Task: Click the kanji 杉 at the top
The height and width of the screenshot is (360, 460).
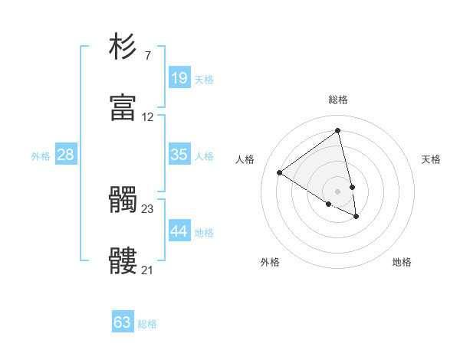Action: (x=123, y=47)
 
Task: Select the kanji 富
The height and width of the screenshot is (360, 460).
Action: (x=123, y=108)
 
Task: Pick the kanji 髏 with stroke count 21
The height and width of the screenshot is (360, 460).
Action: (x=123, y=261)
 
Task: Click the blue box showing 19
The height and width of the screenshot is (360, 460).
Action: (x=179, y=78)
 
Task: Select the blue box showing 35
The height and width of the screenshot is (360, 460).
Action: (x=179, y=155)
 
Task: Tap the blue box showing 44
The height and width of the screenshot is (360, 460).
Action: (x=179, y=231)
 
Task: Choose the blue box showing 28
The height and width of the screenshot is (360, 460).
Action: (x=66, y=155)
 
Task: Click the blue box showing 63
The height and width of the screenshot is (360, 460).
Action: (x=123, y=322)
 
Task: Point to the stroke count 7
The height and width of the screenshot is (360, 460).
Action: (x=147, y=55)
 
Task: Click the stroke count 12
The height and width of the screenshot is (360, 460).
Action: (x=147, y=117)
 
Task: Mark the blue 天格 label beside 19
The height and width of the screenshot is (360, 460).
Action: (x=204, y=80)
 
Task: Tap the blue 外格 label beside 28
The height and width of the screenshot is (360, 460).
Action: (x=41, y=156)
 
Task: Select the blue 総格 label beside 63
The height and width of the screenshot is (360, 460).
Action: (x=147, y=324)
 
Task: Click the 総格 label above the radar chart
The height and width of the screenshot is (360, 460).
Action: (x=338, y=100)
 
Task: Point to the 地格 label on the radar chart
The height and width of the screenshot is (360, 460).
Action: (x=402, y=262)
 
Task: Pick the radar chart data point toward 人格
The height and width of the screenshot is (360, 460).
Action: (x=280, y=173)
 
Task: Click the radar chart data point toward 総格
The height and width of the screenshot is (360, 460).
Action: (x=337, y=131)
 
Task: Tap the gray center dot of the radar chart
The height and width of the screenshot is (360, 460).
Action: (x=337, y=191)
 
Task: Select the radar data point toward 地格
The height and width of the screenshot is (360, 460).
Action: (x=356, y=217)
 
